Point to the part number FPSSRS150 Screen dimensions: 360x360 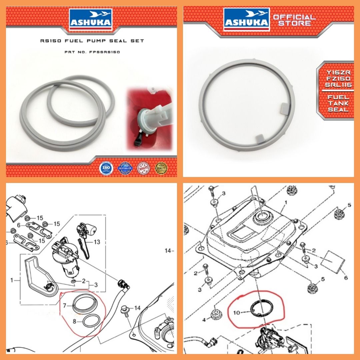click(105, 52)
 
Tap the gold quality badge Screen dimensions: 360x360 click(161, 168)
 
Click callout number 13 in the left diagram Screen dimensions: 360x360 click(97, 242)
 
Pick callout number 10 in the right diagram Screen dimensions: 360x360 click(237, 312)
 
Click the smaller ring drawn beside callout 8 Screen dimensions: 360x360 click(91, 321)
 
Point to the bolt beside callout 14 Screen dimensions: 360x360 click(126, 310)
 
